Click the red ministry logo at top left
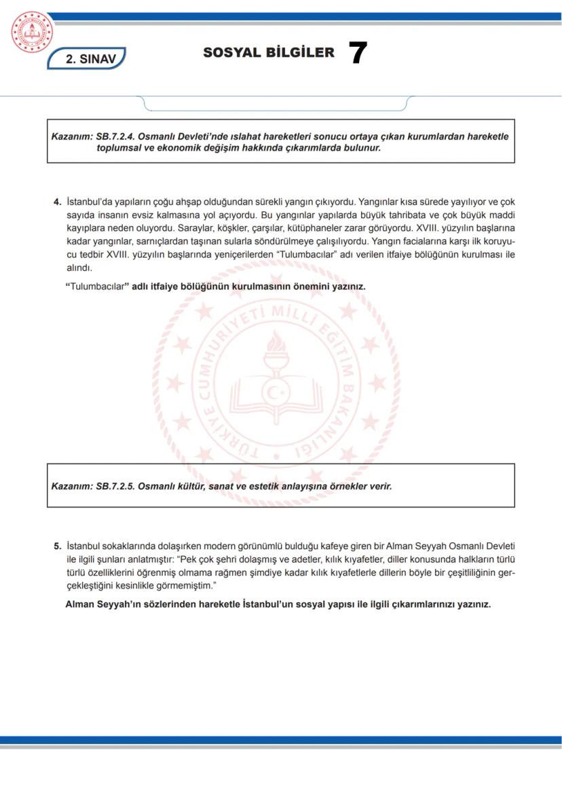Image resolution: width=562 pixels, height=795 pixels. (32, 33)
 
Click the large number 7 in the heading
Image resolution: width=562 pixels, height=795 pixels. (357, 53)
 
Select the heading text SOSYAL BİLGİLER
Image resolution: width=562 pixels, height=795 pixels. (268, 53)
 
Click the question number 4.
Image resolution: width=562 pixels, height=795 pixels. (57, 202)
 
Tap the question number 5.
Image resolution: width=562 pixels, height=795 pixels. (57, 546)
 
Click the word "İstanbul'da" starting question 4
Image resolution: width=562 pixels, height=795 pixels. (90, 202)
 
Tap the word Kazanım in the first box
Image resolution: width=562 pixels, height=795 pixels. (68, 136)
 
